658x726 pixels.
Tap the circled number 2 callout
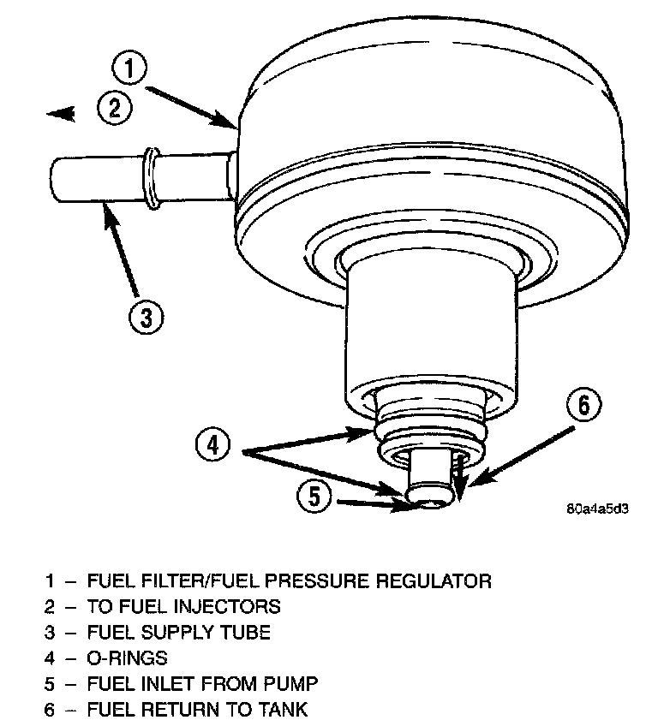(113, 110)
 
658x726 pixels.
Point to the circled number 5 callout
(315, 497)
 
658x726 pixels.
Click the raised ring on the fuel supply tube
(151, 178)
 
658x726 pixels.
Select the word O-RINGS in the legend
(128, 658)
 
